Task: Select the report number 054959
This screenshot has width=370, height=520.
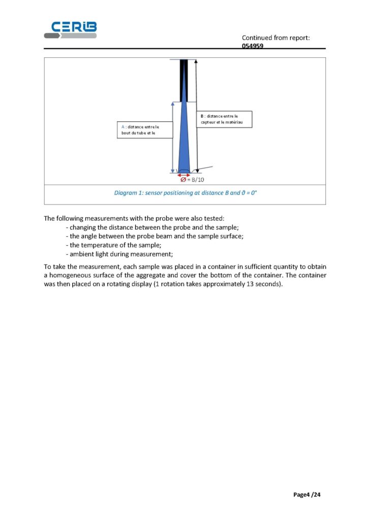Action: [253, 45]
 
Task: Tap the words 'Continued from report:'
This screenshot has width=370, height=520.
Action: [275, 38]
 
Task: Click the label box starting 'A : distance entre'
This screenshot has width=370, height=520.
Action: [140, 129]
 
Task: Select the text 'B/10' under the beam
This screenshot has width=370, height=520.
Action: [198, 179]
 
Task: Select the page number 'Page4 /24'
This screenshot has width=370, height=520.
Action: [307, 494]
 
